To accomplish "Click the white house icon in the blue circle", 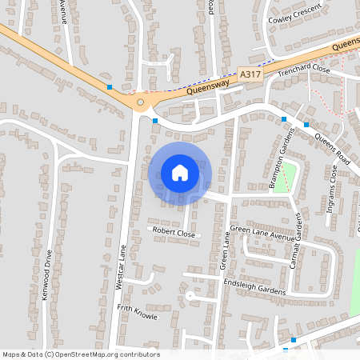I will pyautogui.click(x=180, y=172).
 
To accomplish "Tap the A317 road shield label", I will pyautogui.click(x=250, y=74).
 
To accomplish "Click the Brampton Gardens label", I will pyautogui.click(x=282, y=158).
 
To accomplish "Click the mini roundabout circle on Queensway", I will pyautogui.click(x=140, y=102).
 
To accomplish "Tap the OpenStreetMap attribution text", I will pyautogui.click(x=82, y=354).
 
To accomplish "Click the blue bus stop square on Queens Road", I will pyautogui.click(x=283, y=119).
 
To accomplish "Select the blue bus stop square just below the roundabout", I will pyautogui.click(x=155, y=120).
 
